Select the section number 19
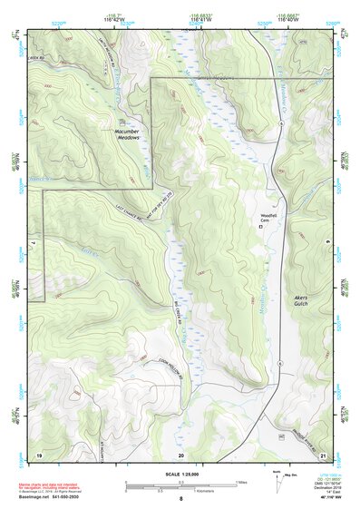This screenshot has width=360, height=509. click(39, 453)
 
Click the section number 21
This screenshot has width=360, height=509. click(322, 453)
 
